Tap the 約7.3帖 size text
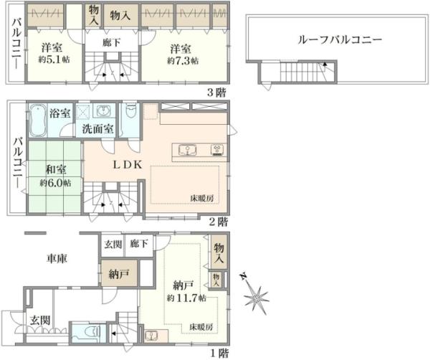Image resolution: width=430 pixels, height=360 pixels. pyautogui.click(x=181, y=62)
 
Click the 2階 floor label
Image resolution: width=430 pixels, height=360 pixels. pyautogui.click(x=219, y=222)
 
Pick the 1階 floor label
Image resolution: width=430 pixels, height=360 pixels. pyautogui.click(x=220, y=352)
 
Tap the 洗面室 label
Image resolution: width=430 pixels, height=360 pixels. pyautogui.click(x=97, y=130)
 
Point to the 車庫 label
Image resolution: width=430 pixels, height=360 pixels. pyautogui.click(x=57, y=257)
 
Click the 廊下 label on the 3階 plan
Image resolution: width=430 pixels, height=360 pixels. pyautogui.click(x=111, y=44)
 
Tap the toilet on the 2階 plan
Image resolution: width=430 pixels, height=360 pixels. pyautogui.click(x=130, y=115)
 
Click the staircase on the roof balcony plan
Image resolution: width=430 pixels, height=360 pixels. pyautogui.click(x=302, y=72)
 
